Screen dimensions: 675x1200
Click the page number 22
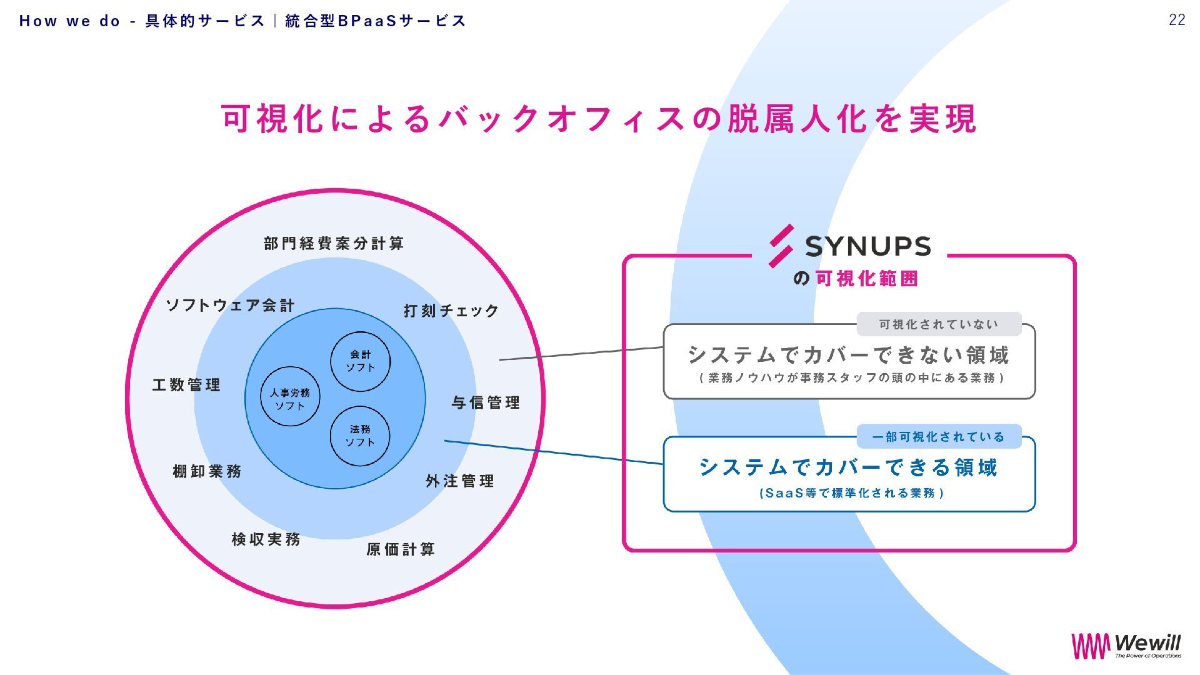(x=1177, y=20)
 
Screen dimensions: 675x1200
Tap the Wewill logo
(x=1126, y=646)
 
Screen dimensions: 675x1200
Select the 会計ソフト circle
(x=360, y=362)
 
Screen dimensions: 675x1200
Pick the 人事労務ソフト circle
(x=290, y=397)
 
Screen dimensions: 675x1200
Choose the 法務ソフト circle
(x=360, y=436)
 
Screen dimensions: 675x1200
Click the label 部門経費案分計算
(x=334, y=243)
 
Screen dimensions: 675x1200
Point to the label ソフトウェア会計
(x=230, y=305)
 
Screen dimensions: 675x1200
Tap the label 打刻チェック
(x=451, y=311)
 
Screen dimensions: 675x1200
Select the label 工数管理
(x=186, y=385)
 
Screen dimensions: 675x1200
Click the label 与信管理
(x=486, y=402)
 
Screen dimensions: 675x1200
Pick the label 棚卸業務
(x=207, y=471)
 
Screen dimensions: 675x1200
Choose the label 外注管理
(x=460, y=481)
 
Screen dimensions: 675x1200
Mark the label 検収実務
(x=266, y=539)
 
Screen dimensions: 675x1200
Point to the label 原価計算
(x=401, y=549)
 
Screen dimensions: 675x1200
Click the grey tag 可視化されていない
(x=939, y=324)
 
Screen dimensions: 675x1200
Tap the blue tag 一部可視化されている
(x=939, y=437)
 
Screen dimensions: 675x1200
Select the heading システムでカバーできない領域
(x=849, y=355)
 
